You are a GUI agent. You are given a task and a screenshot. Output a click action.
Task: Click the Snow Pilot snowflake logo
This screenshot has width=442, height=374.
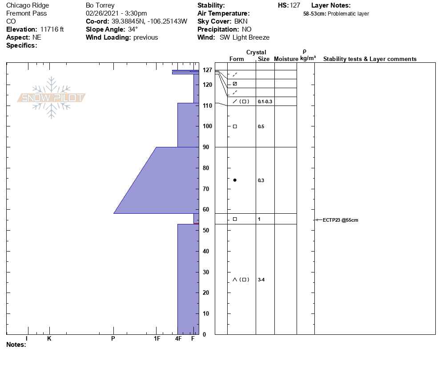tap(51, 98)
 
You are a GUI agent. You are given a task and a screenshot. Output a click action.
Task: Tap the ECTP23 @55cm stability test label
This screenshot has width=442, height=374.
tap(340, 220)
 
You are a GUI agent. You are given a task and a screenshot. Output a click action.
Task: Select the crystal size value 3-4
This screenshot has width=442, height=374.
tap(261, 280)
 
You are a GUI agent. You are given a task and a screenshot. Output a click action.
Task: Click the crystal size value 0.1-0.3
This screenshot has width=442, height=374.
tap(265, 102)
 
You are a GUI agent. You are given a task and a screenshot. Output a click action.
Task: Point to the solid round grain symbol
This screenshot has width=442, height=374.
tap(235, 180)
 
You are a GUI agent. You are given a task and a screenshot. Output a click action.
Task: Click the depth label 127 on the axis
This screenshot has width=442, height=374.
tap(207, 70)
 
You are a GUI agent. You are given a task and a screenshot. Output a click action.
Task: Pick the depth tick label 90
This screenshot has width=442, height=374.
tap(206, 147)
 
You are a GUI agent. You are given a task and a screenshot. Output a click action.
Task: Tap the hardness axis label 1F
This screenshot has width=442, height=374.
tap(157, 338)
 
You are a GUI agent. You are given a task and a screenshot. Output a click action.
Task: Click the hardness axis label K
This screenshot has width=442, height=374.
tap(49, 338)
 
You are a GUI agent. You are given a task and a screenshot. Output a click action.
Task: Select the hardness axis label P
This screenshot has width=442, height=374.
tap(113, 338)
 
